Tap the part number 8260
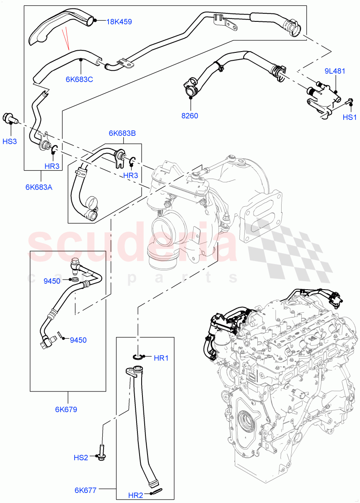190,116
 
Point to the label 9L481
334,71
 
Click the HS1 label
349,117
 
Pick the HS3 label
10,141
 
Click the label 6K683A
39,187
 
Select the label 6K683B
122,133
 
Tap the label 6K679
66,410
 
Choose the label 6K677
85,490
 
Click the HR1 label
161,358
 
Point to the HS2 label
80,457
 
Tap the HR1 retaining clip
138,357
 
